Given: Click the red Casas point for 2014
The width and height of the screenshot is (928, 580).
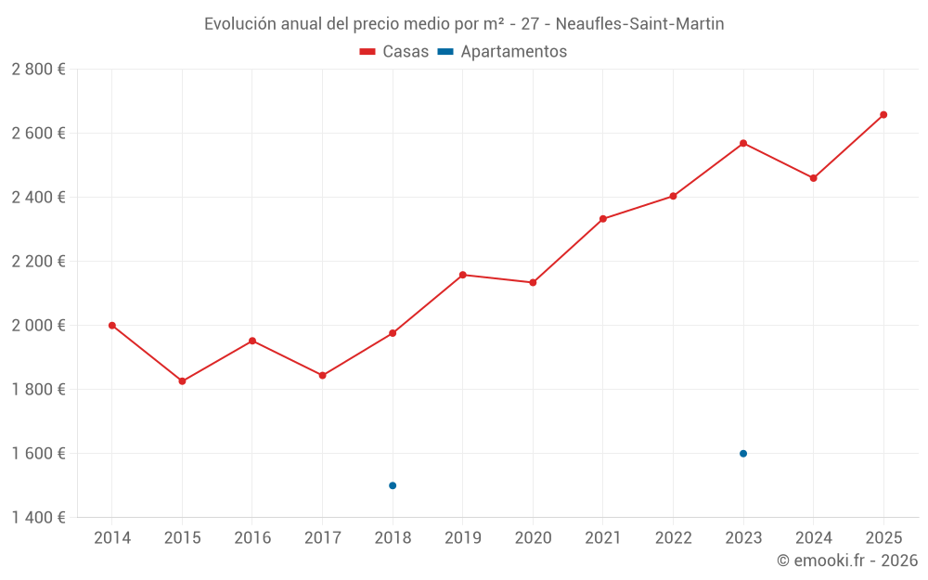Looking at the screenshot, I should click(112, 326).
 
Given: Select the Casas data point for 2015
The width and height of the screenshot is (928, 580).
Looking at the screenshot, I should click(182, 381).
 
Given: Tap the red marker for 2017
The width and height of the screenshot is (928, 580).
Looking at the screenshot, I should click(322, 376).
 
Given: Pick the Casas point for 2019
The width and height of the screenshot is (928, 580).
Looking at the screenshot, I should click(463, 275).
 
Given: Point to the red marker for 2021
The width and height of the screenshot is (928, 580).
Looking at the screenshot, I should click(603, 219).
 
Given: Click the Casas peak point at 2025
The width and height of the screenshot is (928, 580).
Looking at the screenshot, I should click(883, 115).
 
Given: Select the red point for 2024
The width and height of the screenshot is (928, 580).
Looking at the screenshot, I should click(814, 178).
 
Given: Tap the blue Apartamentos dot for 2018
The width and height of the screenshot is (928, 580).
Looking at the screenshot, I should click(393, 485).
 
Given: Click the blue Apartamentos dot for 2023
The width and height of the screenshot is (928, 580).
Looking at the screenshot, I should click(743, 454).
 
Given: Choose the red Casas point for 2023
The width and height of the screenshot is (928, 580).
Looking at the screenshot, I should click(743, 143).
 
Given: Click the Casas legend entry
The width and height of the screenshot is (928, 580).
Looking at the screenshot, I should click(394, 52).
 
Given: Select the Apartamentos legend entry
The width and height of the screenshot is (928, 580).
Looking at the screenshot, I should click(502, 52).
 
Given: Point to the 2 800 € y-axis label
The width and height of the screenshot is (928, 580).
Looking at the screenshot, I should click(38, 70).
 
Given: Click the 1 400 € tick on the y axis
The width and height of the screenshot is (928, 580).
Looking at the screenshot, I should click(38, 518).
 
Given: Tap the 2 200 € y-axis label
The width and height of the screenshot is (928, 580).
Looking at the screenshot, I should click(38, 262).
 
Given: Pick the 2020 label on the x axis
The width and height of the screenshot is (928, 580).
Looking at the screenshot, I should click(533, 538).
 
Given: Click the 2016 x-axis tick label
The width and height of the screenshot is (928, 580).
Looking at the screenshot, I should click(252, 538).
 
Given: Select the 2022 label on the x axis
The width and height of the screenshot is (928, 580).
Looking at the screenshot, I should click(673, 538).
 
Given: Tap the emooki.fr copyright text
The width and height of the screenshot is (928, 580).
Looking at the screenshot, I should click(846, 561).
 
